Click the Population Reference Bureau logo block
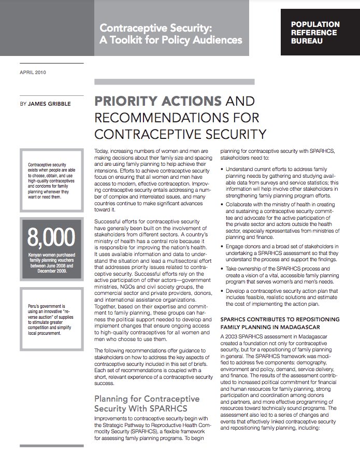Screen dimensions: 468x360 [315, 32]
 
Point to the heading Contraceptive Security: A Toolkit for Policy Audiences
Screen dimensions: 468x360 [171, 32]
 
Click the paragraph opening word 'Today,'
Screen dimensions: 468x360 [104, 150]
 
